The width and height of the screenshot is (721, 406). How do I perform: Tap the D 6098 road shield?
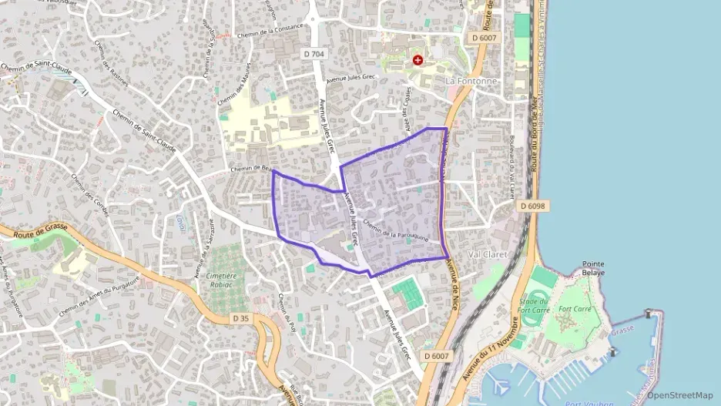[x=532, y=206]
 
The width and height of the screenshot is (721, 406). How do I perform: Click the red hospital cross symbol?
[x=418, y=59]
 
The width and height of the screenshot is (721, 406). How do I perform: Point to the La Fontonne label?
[x=471, y=80]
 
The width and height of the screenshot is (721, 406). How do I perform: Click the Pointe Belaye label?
[x=593, y=267]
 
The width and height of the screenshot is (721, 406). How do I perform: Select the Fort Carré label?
[x=574, y=309]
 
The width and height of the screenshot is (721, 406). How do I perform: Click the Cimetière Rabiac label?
[x=222, y=280]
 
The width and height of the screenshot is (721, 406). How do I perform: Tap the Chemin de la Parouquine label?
[x=395, y=232]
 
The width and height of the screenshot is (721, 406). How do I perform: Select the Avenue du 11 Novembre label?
[x=490, y=347]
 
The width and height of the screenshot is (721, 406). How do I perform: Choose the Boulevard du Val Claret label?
[x=511, y=169]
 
